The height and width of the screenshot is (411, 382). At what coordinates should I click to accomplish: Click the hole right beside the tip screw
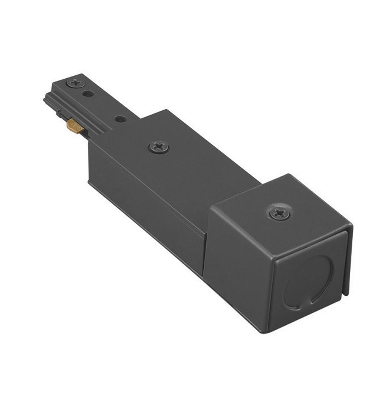click(88, 93)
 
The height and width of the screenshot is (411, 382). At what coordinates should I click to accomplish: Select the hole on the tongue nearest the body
click(120, 119)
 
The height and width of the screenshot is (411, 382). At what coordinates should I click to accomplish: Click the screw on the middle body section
click(159, 147)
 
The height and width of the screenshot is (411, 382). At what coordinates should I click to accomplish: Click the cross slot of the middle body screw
click(159, 147)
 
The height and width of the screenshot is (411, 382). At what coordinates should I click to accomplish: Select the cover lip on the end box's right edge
click(348, 262)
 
